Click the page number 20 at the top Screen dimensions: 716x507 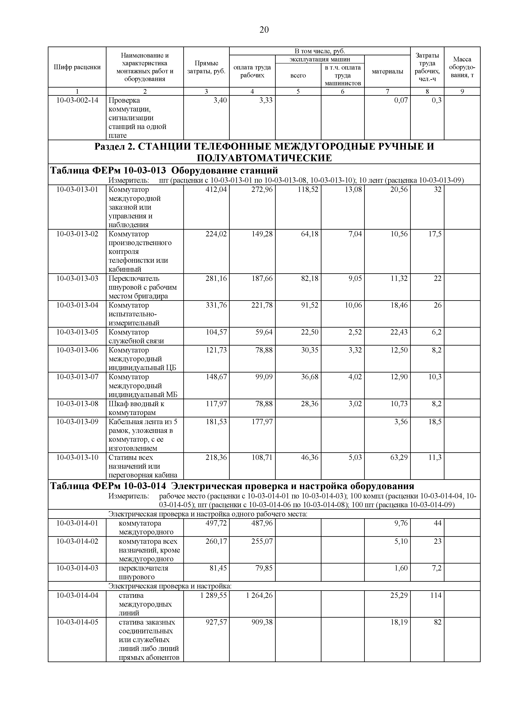point(264,30)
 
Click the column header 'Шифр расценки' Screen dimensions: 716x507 point(77,67)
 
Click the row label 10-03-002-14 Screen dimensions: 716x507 point(77,100)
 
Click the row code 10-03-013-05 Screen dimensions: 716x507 point(77,332)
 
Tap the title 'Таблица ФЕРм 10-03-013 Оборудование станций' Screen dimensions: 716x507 point(164,171)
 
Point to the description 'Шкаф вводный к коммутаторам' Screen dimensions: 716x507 point(137,408)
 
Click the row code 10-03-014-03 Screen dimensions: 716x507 point(77,568)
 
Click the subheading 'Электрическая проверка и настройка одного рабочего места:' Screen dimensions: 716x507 point(208,514)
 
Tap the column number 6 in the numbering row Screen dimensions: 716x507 point(342,91)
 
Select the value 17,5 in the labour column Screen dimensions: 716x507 point(435,234)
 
